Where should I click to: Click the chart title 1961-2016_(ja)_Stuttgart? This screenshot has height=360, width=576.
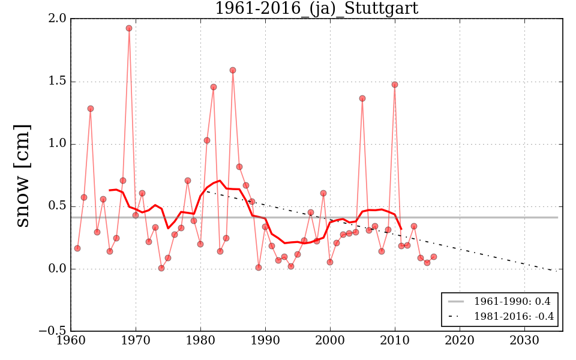click(x=316, y=8)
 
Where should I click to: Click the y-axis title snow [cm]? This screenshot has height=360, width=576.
click(x=22, y=175)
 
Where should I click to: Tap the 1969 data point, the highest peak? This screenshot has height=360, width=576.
click(x=129, y=28)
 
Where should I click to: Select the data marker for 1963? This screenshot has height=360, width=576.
click(x=90, y=109)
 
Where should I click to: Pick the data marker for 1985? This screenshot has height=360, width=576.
click(x=233, y=70)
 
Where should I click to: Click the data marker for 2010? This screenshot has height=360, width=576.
click(x=395, y=85)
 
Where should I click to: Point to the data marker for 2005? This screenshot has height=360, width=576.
click(x=362, y=98)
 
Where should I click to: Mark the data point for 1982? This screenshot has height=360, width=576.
click(x=213, y=87)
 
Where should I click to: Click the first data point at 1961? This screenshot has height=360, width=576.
click(x=77, y=248)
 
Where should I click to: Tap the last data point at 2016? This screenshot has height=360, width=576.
click(x=434, y=257)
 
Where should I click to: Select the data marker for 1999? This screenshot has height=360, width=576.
click(x=323, y=193)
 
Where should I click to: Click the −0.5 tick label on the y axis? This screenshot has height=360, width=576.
click(x=54, y=331)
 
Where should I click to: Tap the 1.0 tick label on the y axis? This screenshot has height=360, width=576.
click(x=58, y=144)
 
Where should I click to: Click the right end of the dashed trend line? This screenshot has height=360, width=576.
click(x=557, y=271)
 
